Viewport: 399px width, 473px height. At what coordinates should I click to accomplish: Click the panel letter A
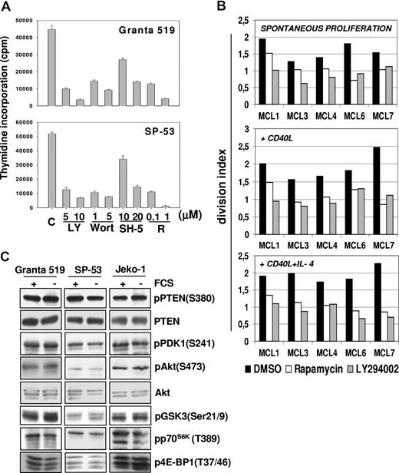[7, 8]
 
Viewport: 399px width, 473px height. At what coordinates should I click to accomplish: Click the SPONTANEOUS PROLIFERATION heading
[300, 28]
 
